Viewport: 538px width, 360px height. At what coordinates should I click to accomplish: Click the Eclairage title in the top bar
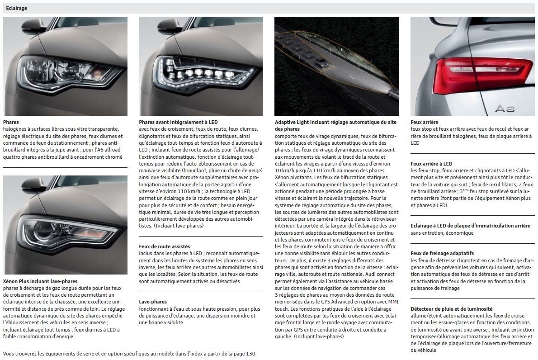coord(16,8)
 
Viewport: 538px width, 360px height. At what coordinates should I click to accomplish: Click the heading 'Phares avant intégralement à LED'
coord(178,122)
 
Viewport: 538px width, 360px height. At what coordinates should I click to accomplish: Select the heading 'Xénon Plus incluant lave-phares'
coord(40,281)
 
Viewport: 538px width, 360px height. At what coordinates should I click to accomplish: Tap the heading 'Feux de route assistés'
coord(165,246)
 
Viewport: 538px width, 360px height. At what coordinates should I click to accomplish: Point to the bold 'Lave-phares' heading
coord(153,302)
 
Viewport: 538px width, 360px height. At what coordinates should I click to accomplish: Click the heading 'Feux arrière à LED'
coord(431,164)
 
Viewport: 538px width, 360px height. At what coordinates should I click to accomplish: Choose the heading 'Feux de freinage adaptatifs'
coord(442,253)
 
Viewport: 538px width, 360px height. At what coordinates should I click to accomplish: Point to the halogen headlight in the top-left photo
coord(68,70)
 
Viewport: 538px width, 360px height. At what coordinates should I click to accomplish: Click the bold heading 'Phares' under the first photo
coord(11,122)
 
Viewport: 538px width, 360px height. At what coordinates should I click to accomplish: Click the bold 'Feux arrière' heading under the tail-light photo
coord(424,122)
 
